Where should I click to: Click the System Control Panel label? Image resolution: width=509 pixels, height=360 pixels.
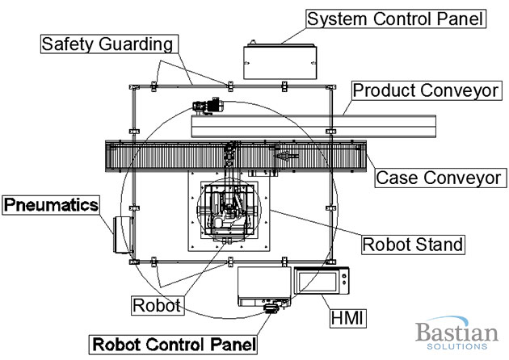[x=395, y=18]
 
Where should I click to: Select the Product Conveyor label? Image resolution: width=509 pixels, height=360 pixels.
[x=425, y=90]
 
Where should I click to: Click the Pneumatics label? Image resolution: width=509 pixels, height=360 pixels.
[x=50, y=204]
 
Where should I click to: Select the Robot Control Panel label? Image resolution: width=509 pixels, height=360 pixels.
[x=175, y=342]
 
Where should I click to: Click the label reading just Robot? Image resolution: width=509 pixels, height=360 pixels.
[x=157, y=305]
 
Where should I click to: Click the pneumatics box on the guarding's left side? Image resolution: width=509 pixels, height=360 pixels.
[x=123, y=235]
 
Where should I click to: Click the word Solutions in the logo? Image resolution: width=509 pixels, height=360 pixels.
[x=453, y=346]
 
